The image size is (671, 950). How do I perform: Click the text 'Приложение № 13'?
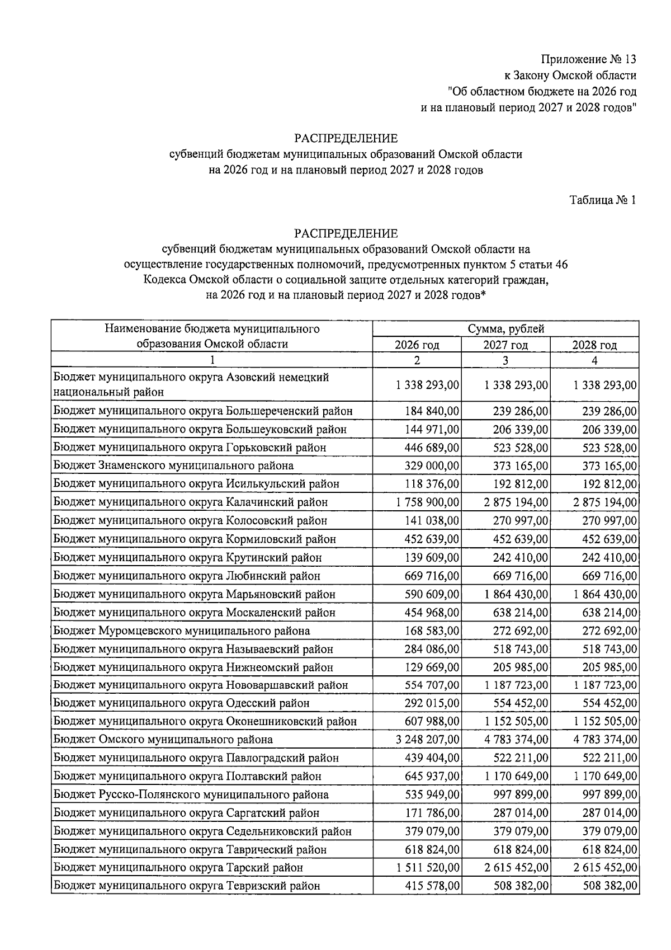pyautogui.click(x=588, y=59)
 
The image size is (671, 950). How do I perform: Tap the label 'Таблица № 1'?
pyautogui.click(x=602, y=200)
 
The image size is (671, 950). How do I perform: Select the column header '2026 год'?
pyautogui.click(x=417, y=345)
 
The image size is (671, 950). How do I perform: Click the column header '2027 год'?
pyautogui.click(x=505, y=345)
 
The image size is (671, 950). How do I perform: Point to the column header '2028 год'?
pyautogui.click(x=594, y=345)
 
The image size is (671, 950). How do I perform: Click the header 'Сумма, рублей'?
pyautogui.click(x=505, y=329)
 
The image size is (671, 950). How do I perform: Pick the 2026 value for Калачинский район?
pyautogui.click(x=428, y=502)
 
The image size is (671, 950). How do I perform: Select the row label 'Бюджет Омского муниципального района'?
pyautogui.click(x=163, y=740)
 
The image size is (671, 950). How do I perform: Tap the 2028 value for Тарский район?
pyautogui.click(x=605, y=868)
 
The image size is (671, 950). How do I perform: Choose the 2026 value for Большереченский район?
pyautogui.click(x=432, y=411)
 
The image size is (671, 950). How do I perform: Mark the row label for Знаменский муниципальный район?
pyautogui.click(x=173, y=465)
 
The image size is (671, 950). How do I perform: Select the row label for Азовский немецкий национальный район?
pyautogui.click(x=191, y=384)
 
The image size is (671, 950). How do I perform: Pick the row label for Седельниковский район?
pyautogui.click(x=202, y=831)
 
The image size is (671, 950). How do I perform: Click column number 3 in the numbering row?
pyautogui.click(x=505, y=361)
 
